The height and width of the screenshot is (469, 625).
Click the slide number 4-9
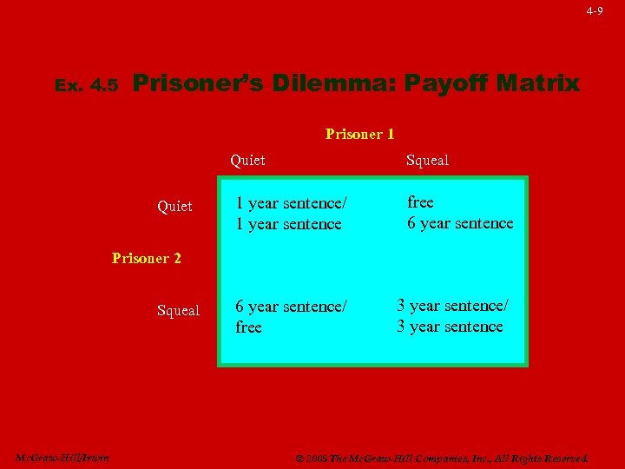coord(595,11)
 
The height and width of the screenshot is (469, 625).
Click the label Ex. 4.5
coord(86,86)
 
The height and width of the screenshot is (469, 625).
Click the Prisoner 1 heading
coord(359,134)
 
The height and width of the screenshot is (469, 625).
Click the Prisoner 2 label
coord(147,258)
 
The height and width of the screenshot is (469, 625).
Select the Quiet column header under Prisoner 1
coord(247,160)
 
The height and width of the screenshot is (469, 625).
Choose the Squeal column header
coord(428,160)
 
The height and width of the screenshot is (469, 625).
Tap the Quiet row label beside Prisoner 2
coord(174,206)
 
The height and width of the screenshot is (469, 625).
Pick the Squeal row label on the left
coord(178,310)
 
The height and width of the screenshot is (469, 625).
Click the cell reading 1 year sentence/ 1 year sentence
coord(291,214)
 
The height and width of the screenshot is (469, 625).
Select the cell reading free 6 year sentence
coord(460,213)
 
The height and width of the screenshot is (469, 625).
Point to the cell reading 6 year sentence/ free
coord(291,317)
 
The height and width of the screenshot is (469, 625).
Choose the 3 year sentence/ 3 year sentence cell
coord(452,316)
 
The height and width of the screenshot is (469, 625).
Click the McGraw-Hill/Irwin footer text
coord(62,458)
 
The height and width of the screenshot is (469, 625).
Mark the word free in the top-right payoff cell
coord(420,202)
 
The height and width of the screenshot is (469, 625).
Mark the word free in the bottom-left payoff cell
coord(248,327)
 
